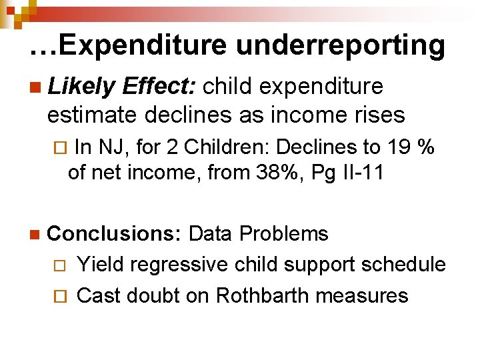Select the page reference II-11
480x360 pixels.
pos(360,173)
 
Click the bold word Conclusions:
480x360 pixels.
pos(115,234)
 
